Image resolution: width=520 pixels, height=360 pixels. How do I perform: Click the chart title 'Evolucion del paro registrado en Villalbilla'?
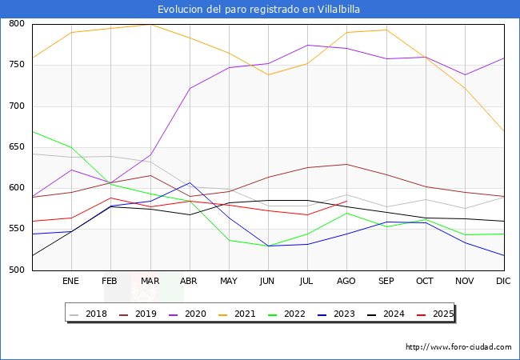(259, 9)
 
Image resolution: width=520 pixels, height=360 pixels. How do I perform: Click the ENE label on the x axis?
(71, 281)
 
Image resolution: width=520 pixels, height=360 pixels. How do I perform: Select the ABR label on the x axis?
(189, 281)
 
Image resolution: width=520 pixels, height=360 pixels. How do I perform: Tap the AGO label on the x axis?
(346, 281)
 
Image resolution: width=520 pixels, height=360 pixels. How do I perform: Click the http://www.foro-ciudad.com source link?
(458, 347)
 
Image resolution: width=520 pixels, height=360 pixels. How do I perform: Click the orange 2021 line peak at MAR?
(150, 25)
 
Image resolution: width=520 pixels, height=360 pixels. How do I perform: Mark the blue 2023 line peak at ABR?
(190, 183)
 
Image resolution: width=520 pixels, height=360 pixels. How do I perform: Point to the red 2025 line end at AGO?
(346, 201)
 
